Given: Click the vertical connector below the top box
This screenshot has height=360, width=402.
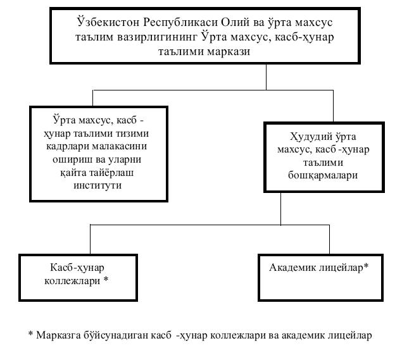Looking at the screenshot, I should [x=266, y=77].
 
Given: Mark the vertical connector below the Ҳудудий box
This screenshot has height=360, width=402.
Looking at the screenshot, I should [x=280, y=208].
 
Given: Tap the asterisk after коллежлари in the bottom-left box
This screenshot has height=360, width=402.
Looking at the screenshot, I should [x=105, y=278].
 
